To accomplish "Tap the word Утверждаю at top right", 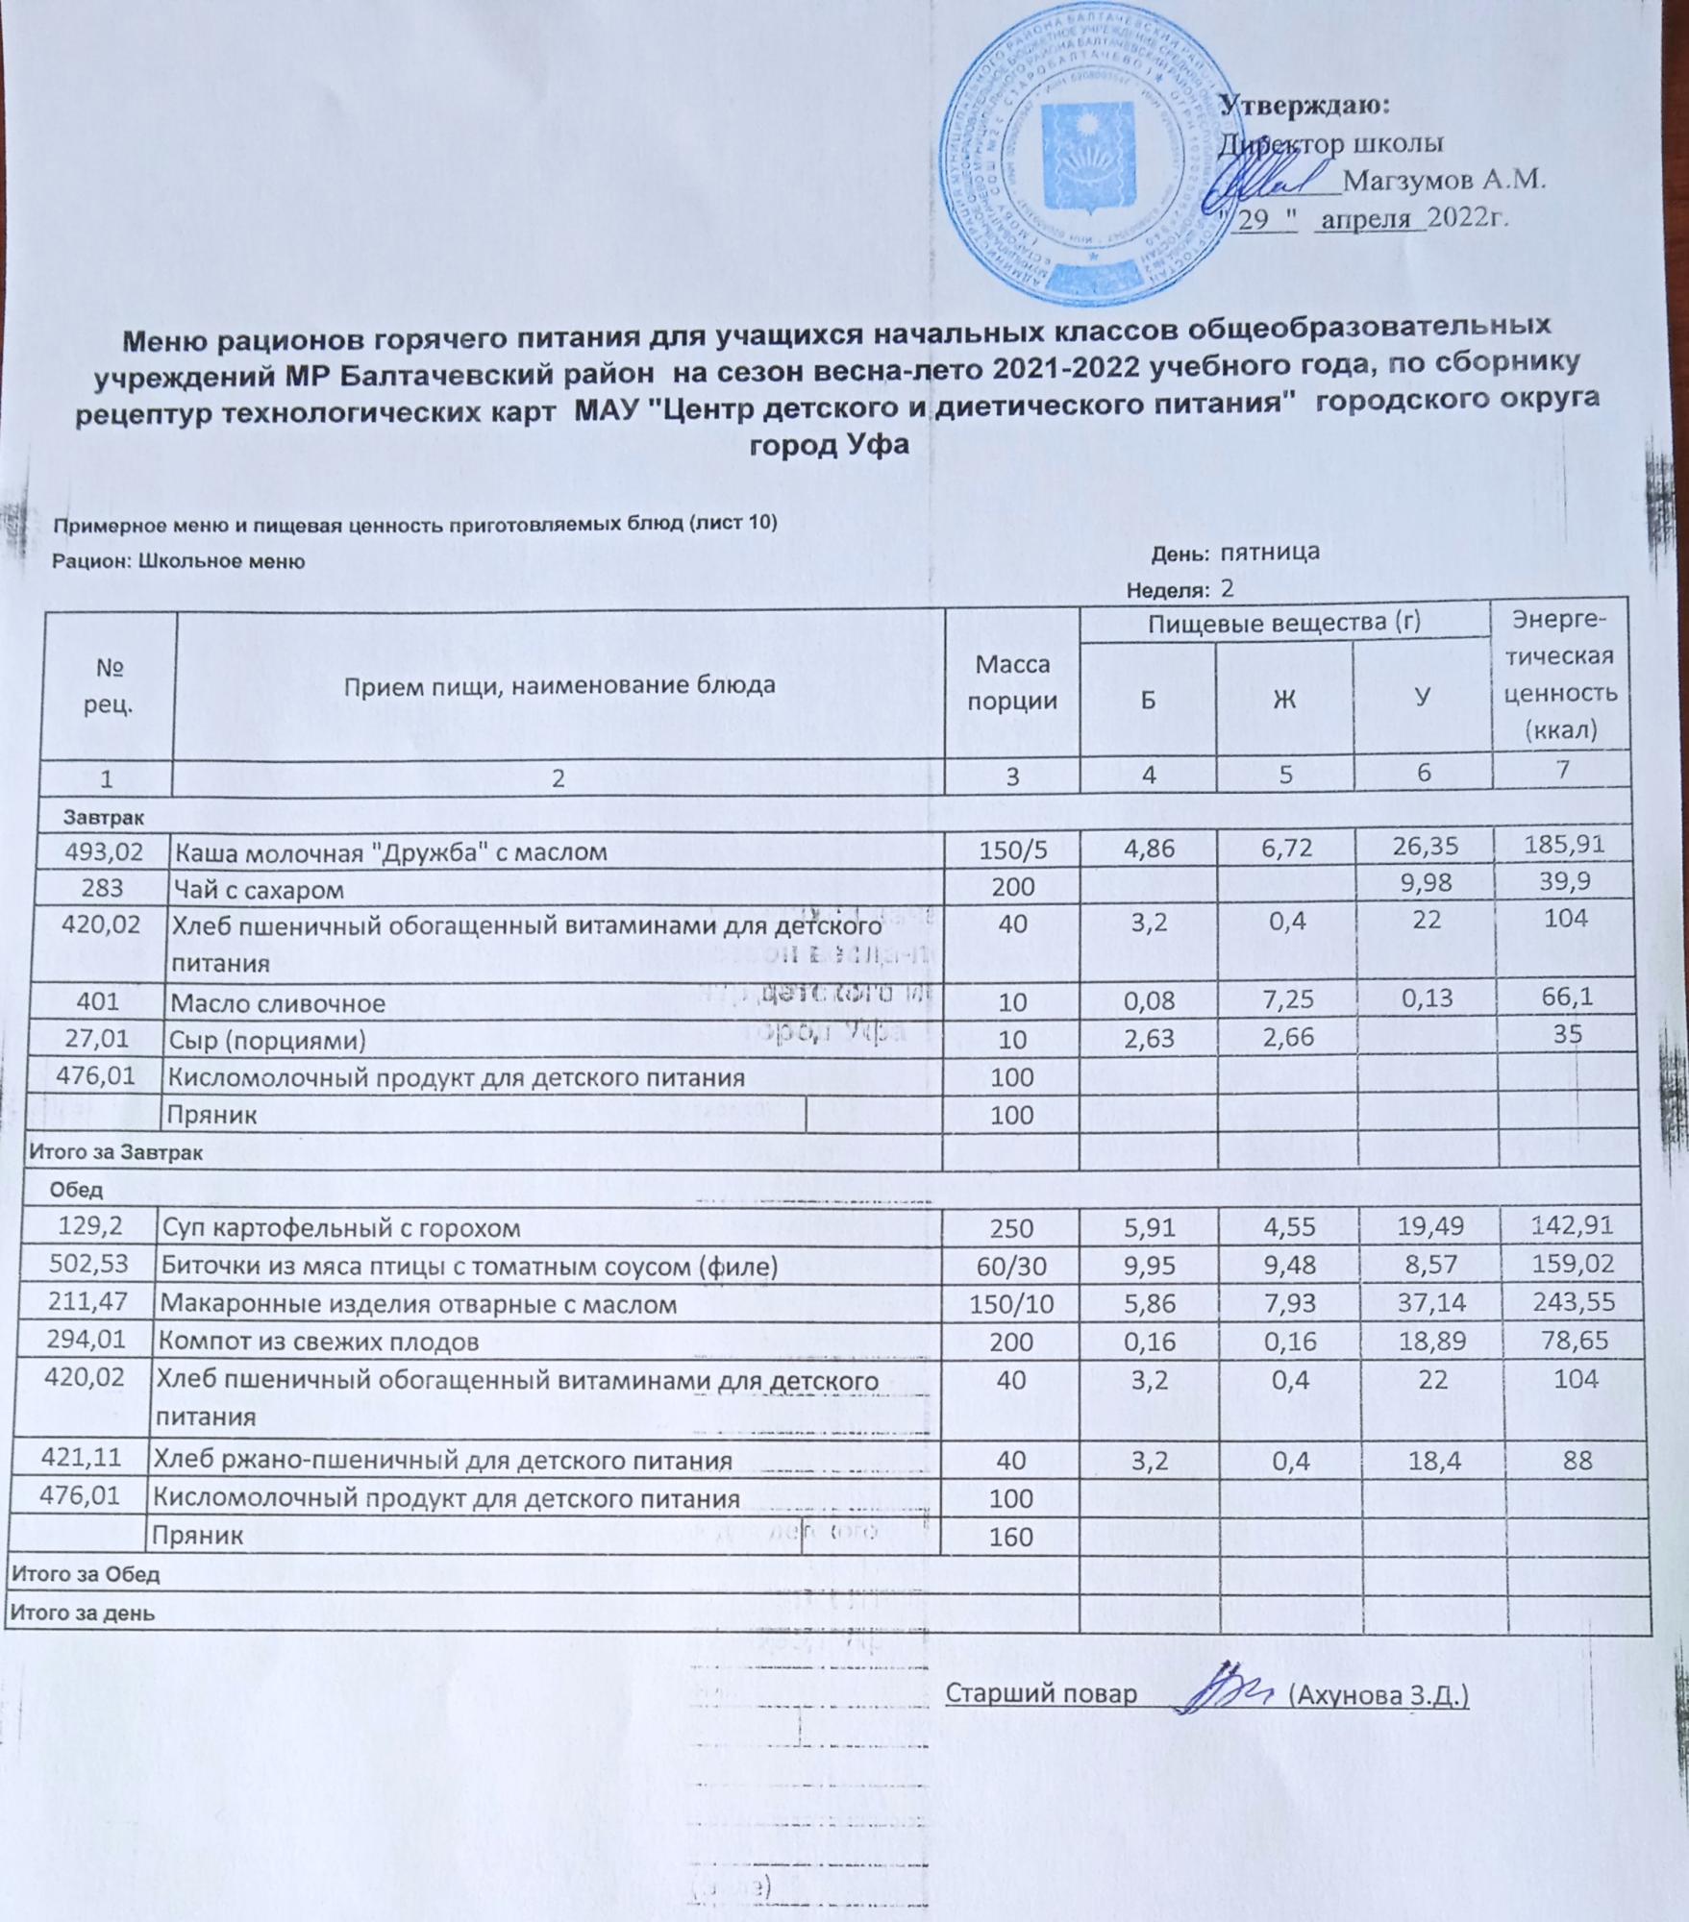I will pos(1304,106).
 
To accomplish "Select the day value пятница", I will pos(1269,553).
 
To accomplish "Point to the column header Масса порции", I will pos(1011,681).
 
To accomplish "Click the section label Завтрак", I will pos(104,818).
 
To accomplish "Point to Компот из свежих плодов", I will pos(318,1342).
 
